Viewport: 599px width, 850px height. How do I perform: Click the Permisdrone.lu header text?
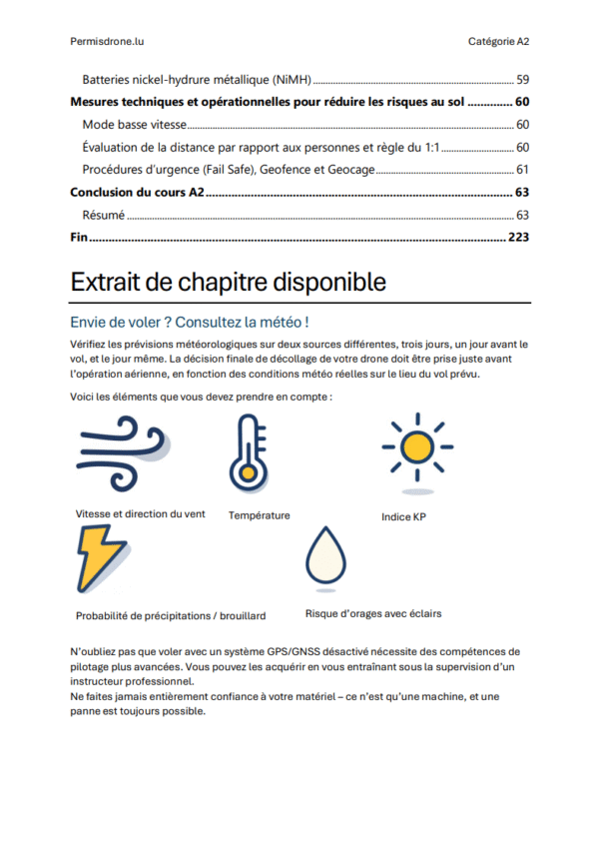pos(107,41)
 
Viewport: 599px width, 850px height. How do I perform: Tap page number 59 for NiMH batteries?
pos(522,79)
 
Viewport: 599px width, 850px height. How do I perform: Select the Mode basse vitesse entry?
pos(135,125)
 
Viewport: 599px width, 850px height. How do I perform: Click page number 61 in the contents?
pos(522,170)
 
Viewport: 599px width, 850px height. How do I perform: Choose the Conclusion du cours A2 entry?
pos(138,193)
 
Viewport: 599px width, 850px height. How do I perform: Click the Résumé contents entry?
pos(104,216)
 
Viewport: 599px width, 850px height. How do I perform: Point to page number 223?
pos(518,238)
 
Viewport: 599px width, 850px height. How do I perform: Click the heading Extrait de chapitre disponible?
pos(228,283)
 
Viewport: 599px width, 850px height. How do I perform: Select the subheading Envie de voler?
pos(189,323)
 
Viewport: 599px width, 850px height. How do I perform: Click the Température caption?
pos(260,515)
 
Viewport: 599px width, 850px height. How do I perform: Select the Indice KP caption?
pos(403,517)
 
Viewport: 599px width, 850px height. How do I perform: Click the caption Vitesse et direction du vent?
pos(140,513)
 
